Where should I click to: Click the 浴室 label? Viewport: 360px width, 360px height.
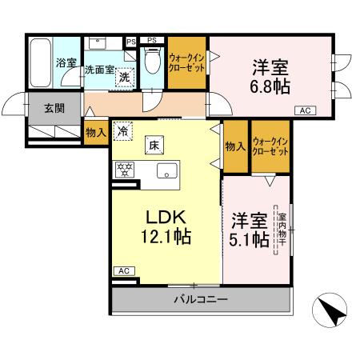pyautogui.click(x=65, y=62)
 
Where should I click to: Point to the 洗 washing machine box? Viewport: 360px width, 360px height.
pyautogui.click(x=124, y=78)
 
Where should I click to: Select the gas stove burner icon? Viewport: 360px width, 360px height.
pyautogui.click(x=124, y=169)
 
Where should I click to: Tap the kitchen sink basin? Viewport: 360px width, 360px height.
pyautogui.click(x=167, y=169)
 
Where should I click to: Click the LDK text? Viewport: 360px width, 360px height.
pyautogui.click(x=165, y=217)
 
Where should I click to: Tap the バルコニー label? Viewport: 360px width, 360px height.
pyautogui.click(x=201, y=300)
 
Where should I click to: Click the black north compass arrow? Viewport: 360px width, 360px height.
pyautogui.click(x=331, y=310)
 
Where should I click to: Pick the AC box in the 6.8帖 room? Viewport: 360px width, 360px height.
pyautogui.click(x=305, y=110)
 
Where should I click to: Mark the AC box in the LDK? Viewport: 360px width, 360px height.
pyautogui.click(x=123, y=271)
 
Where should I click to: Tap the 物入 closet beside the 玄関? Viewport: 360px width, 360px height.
pyautogui.click(x=95, y=133)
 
